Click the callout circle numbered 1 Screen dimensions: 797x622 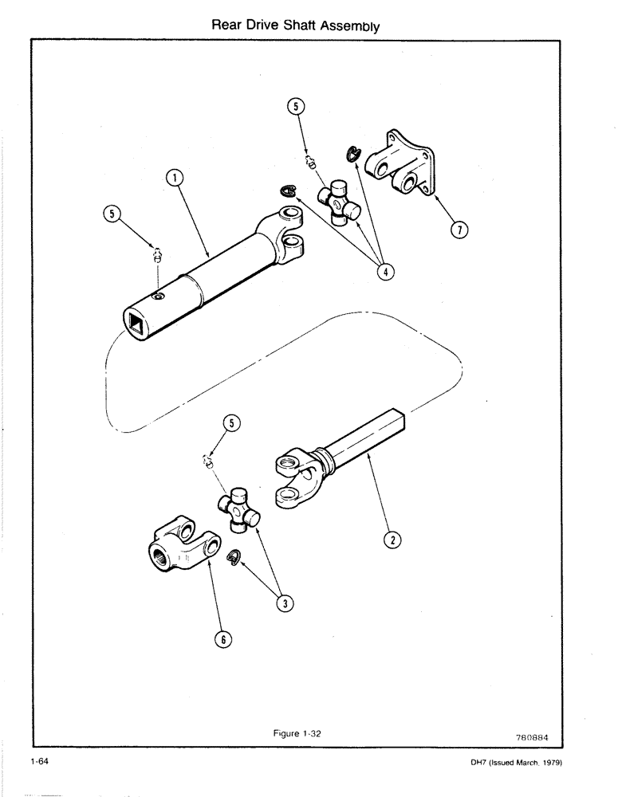173,179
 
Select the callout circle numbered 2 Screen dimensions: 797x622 392,540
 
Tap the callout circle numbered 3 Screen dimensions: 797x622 281,603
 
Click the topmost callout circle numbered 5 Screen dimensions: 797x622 294,107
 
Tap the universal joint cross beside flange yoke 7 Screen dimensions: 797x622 338,202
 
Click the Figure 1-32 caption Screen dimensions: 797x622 294,734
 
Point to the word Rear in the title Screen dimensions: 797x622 227,26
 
